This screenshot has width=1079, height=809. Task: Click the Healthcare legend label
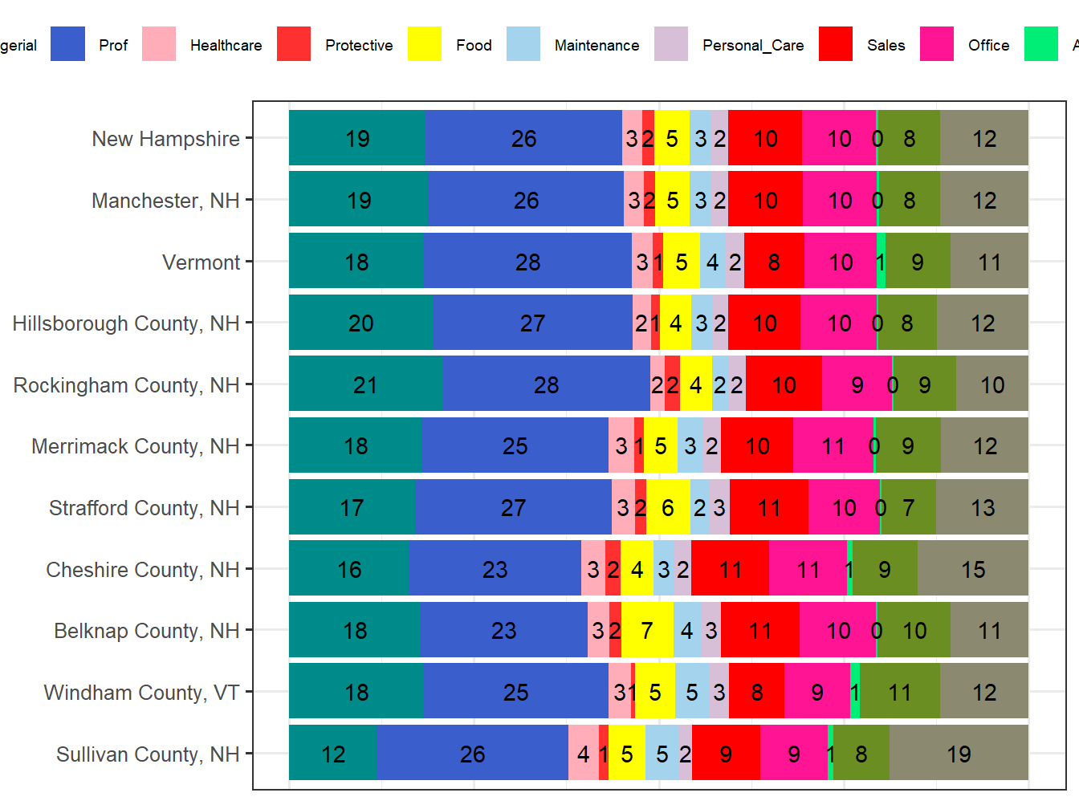(226, 45)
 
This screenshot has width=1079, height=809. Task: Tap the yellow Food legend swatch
(424, 44)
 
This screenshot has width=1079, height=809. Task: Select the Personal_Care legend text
(753, 45)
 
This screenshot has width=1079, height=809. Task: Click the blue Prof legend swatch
(67, 44)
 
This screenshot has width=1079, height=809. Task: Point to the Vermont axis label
(201, 262)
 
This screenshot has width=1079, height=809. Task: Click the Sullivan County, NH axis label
(148, 754)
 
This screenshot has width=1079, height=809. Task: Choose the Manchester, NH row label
(165, 201)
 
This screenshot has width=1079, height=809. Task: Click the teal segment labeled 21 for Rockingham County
(365, 384)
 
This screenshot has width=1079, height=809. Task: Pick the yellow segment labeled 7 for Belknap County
(647, 630)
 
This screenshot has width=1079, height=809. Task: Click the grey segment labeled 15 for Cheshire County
(972, 569)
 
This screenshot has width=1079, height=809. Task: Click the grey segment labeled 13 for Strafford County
(982, 507)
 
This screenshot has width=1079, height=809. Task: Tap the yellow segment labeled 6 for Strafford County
(667, 507)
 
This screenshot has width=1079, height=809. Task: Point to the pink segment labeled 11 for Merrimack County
(833, 445)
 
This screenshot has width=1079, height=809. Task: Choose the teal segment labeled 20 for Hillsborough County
(360, 323)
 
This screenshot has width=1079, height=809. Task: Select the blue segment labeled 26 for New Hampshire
(523, 138)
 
